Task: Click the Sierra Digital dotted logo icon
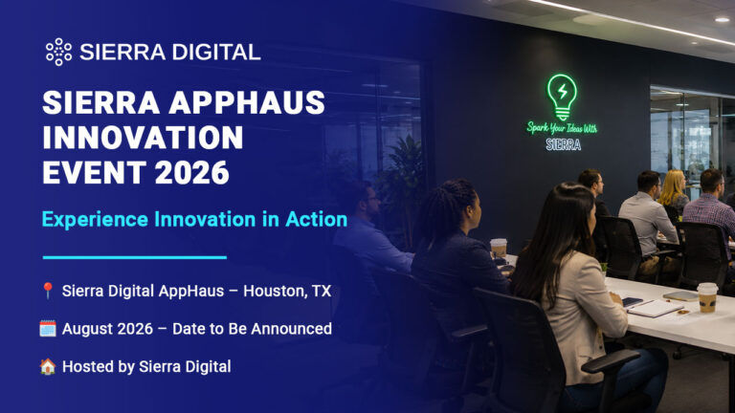(58, 52)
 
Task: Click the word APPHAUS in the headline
(247, 102)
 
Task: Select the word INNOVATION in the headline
(143, 138)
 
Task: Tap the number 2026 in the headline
(191, 172)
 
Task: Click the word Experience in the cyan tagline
(95, 220)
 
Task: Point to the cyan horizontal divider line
(135, 257)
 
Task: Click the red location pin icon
(47, 291)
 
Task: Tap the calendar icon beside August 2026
(47, 329)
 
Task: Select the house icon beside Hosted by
(47, 366)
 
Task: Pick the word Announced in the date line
(292, 329)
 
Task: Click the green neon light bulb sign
(562, 97)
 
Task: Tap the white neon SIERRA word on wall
(564, 144)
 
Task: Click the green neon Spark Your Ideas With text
(562, 128)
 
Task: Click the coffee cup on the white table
(707, 297)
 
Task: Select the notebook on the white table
(655, 309)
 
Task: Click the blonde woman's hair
(673, 186)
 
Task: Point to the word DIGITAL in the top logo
(216, 52)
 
